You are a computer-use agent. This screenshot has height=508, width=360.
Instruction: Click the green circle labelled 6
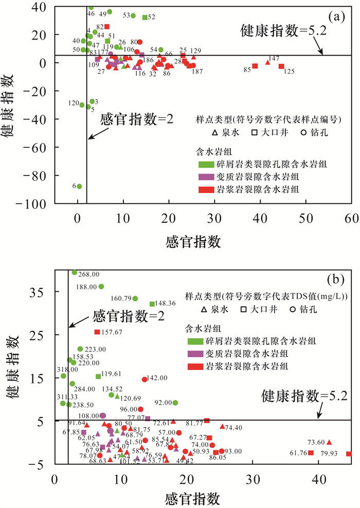click(x=79, y=186)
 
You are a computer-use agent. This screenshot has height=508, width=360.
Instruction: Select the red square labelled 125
click(x=281, y=66)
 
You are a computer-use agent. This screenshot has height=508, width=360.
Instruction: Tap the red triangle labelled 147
click(x=267, y=62)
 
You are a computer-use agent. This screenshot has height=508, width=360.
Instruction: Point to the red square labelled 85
click(x=255, y=66)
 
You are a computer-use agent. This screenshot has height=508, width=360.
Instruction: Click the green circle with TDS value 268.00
click(x=75, y=272)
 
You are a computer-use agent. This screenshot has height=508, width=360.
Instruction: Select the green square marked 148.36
click(x=152, y=304)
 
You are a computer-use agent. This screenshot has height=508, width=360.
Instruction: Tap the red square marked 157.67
click(x=97, y=332)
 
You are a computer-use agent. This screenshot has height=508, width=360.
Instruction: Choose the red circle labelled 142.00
click(x=145, y=379)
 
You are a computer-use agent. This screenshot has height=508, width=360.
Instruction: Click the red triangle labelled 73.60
click(x=329, y=442)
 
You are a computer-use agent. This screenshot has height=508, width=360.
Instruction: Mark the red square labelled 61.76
click(x=311, y=453)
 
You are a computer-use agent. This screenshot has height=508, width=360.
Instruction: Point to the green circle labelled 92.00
click(x=175, y=402)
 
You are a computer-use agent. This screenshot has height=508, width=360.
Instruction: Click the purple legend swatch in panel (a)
click(x=204, y=178)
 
